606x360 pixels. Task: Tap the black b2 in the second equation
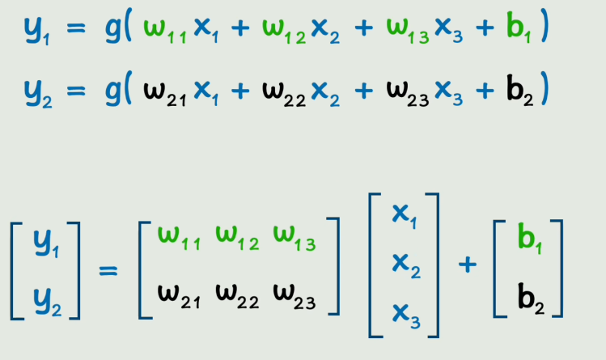point(514,89)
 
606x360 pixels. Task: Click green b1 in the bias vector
point(528,240)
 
